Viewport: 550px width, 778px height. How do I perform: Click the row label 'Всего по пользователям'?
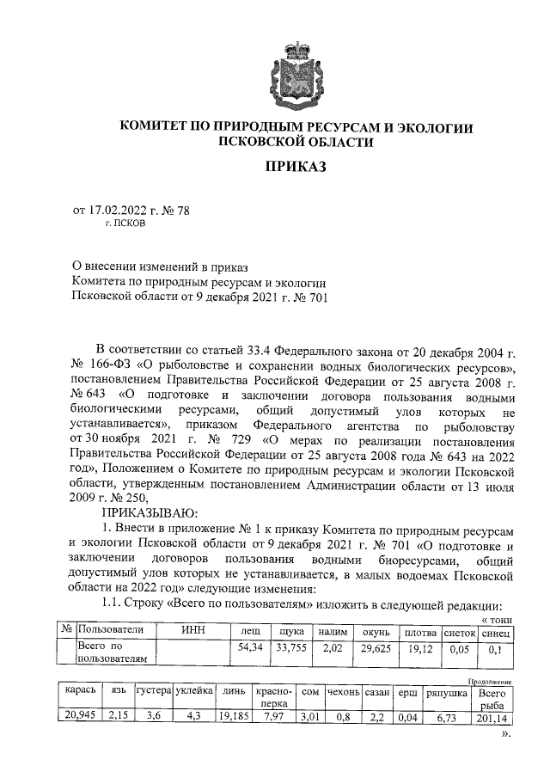pyautogui.click(x=112, y=652)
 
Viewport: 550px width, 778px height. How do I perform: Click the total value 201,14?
pyautogui.click(x=492, y=714)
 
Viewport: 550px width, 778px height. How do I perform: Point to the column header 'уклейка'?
pyautogui.click(x=193, y=691)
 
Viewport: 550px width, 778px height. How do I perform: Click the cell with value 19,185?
pyautogui.click(x=233, y=714)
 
